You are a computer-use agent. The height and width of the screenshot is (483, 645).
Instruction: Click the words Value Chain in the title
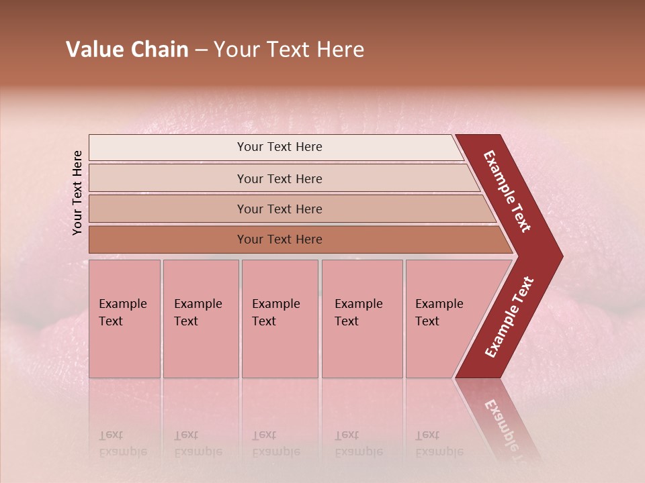point(127,50)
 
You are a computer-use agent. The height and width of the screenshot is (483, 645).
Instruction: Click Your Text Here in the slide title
point(289,50)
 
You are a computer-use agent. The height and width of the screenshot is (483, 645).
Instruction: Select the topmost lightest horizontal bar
point(275,147)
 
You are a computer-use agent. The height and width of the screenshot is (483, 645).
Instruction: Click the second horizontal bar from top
point(282,178)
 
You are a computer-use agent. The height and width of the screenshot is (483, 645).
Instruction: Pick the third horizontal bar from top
point(289,209)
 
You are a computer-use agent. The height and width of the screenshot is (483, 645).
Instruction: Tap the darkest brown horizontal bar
point(296,239)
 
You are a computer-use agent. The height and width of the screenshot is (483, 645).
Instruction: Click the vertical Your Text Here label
point(77,193)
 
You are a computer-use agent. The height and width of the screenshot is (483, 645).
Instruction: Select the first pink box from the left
point(124,319)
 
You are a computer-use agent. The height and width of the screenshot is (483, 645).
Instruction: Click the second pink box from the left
point(201,319)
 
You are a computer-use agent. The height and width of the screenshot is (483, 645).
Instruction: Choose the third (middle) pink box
point(279,319)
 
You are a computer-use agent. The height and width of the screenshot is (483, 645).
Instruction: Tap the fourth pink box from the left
point(362,319)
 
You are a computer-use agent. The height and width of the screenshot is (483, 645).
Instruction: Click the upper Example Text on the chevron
point(508,191)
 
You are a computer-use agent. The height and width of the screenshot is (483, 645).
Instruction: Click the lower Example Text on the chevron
point(509,317)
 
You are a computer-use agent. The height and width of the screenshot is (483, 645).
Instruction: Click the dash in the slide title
point(201,50)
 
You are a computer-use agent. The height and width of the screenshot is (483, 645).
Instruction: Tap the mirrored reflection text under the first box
point(122,443)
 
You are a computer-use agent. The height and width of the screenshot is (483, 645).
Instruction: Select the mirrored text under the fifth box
point(439,443)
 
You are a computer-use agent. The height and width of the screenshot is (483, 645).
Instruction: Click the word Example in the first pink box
point(122,304)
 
